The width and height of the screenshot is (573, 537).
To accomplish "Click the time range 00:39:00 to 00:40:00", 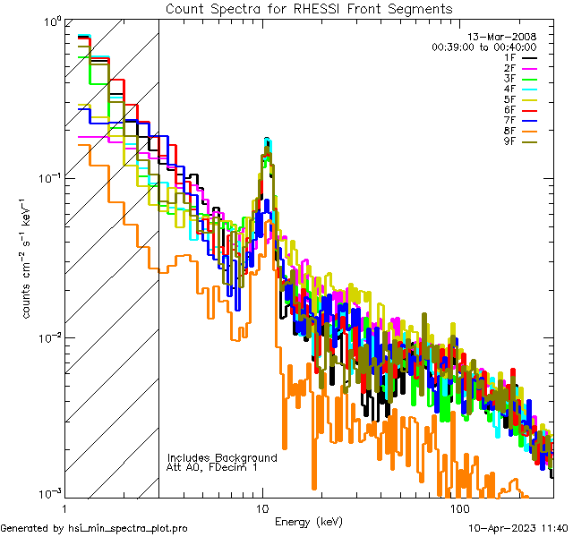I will click(x=483, y=47).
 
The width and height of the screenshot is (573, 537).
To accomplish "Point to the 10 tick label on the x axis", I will click(x=262, y=507).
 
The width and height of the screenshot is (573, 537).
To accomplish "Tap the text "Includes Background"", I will click(x=222, y=457).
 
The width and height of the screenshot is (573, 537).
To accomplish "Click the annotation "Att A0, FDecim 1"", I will click(x=212, y=467).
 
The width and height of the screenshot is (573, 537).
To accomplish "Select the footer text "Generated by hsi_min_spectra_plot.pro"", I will click(x=94, y=528).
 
